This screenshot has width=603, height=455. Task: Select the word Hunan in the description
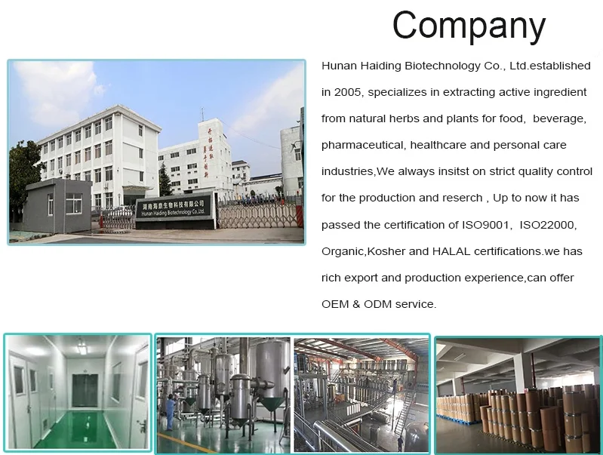pos(340,66)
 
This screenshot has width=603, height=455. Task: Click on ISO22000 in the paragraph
pos(548,225)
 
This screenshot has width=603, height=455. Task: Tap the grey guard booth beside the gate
pos(57,205)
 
